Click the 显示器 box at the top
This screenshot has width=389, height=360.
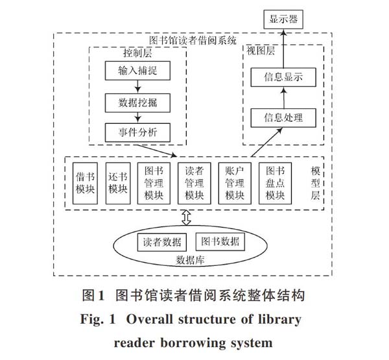click(283, 19)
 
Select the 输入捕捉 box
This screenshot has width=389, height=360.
click(137, 71)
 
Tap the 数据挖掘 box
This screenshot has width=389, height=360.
click(137, 102)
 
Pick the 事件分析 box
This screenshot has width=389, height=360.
click(137, 132)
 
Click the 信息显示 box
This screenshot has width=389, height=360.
click(283, 77)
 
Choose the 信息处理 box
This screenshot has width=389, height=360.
click(283, 118)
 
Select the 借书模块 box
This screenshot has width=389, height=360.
click(85, 183)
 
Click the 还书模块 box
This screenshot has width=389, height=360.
click(118, 183)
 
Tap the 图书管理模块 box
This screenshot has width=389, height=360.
click(154, 183)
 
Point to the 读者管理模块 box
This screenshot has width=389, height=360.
click(194, 183)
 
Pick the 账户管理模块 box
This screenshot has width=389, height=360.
click(235, 183)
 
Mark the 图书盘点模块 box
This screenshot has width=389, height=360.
click(275, 183)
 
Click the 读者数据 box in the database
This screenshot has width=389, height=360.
click(161, 242)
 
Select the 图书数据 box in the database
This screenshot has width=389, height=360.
click(220, 241)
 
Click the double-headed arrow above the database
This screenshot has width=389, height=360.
click(186, 217)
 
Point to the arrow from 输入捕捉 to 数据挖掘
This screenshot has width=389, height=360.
click(137, 87)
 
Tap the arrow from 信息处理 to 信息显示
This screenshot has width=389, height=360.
click(284, 97)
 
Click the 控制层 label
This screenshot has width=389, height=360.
click(137, 53)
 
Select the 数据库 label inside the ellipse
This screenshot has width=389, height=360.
click(190, 260)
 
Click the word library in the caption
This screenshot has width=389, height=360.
click(279, 320)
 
